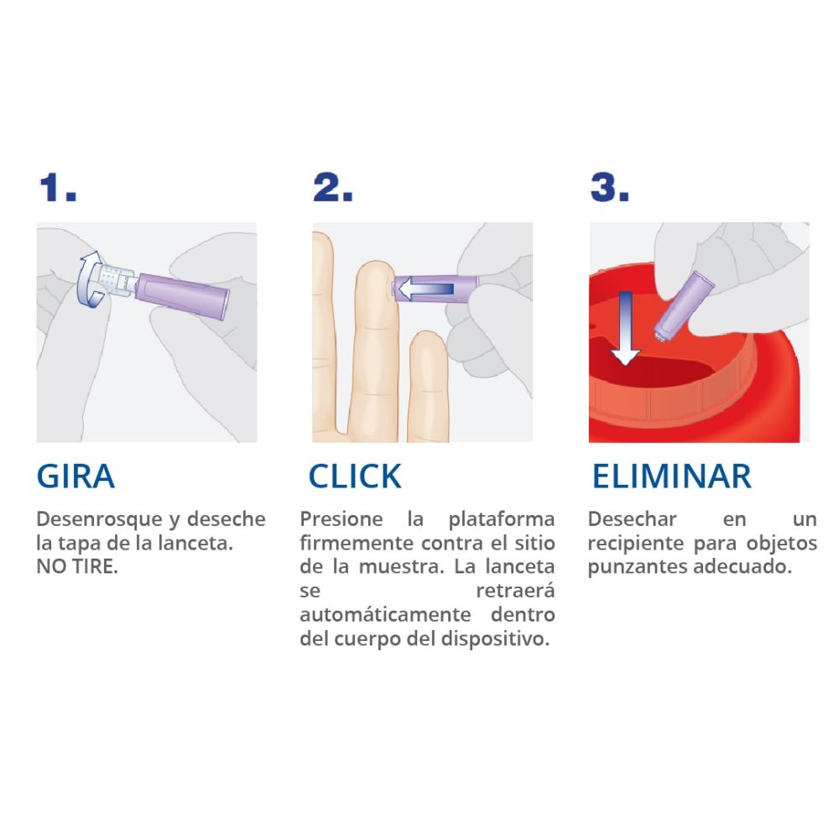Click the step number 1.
click(x=58, y=188)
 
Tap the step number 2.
click(x=332, y=188)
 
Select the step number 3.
click(x=609, y=188)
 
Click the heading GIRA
click(x=76, y=477)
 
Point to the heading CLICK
click(x=355, y=477)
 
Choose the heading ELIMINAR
click(x=671, y=477)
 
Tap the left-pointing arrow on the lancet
click(x=426, y=289)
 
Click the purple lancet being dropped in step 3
click(x=683, y=307)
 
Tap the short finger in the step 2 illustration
click(x=428, y=386)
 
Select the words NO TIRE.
click(x=77, y=566)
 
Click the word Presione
click(x=341, y=519)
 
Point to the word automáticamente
click(x=385, y=614)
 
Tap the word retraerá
click(x=515, y=591)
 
